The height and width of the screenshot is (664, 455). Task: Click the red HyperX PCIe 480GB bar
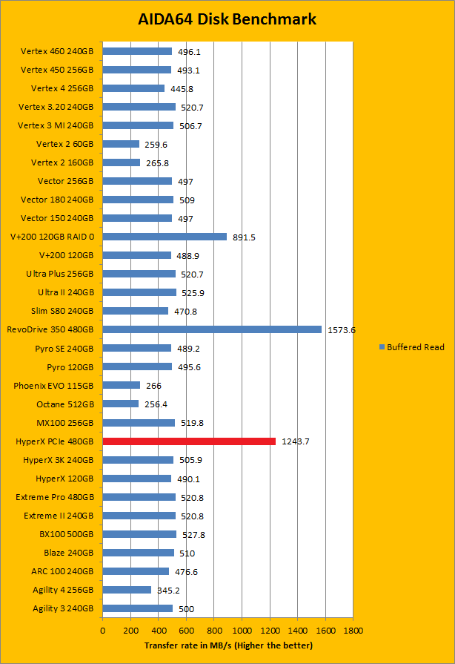tap(189, 441)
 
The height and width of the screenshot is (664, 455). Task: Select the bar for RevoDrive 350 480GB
tap(212, 329)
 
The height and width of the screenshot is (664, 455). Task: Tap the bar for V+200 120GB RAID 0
tap(165, 237)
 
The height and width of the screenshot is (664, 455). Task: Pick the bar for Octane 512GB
tap(121, 404)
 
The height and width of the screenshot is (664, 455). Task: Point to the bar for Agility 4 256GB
tap(127, 590)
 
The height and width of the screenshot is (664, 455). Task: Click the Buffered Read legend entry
tap(411, 347)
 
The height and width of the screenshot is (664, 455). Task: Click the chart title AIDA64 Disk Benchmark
tap(227, 19)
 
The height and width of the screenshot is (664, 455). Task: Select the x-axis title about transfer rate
tap(228, 645)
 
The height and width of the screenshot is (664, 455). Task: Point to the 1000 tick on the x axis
tap(242, 630)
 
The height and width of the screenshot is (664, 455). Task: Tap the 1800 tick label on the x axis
tap(353, 630)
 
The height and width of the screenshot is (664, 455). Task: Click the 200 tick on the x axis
tap(130, 630)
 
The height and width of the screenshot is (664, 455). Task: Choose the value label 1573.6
tap(342, 329)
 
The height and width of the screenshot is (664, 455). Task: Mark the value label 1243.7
tap(296, 441)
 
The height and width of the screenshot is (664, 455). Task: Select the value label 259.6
tap(156, 144)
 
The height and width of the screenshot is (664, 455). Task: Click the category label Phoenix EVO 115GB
tap(53, 386)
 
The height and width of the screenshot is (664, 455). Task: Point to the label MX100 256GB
tap(65, 423)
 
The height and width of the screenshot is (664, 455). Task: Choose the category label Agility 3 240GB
tap(63, 608)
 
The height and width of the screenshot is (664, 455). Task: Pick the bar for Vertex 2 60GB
tap(121, 144)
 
